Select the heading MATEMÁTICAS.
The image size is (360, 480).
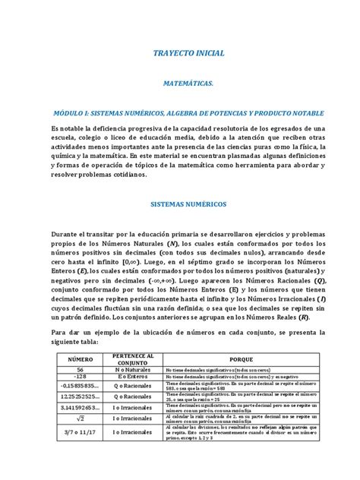tap(179, 88)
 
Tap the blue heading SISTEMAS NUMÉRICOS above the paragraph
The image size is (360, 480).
tap(179, 205)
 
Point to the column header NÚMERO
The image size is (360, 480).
tap(80, 357)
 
